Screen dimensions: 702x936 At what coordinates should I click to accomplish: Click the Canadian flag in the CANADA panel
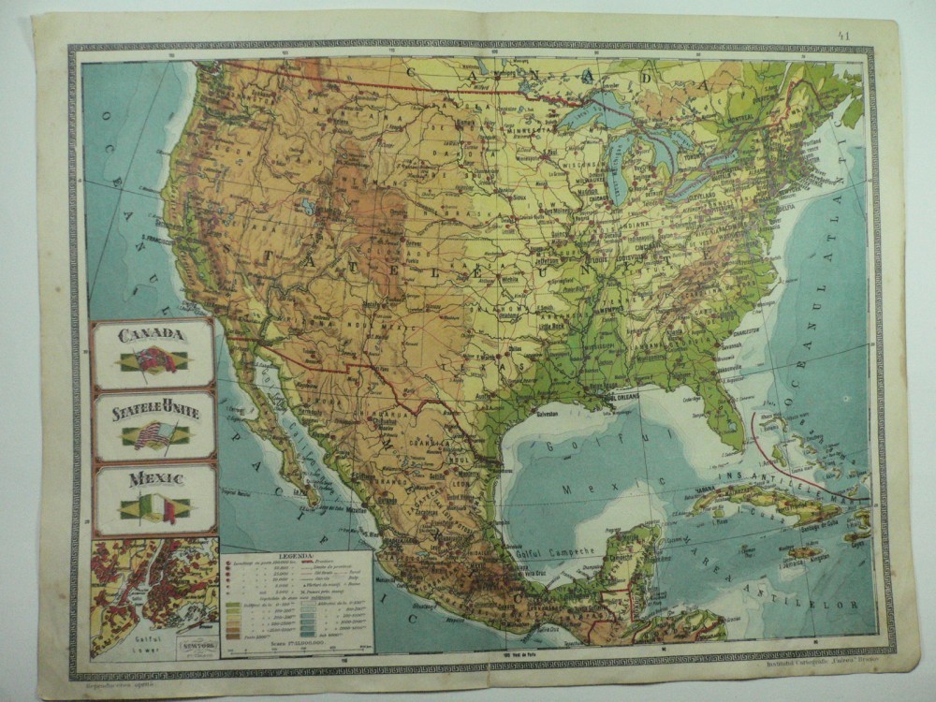[x=154, y=360]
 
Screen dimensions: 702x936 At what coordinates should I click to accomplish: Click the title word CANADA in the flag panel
[x=153, y=333]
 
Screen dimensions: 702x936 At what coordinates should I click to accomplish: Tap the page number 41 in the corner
[x=844, y=37]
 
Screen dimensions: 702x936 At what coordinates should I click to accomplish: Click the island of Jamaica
[x=804, y=552]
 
